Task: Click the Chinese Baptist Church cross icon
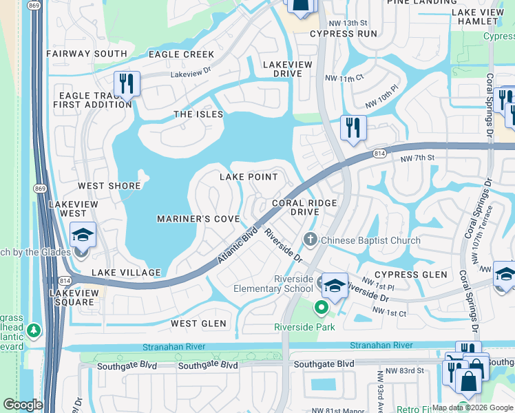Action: point(311,240)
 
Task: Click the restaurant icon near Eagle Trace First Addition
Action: point(127,84)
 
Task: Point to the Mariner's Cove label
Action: point(198,219)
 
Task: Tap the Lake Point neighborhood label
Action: point(249,177)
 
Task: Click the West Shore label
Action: point(109,186)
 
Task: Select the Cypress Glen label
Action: point(411,275)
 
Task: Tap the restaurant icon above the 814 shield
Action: point(353,127)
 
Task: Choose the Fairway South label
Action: point(87,53)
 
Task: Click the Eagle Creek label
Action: point(181,54)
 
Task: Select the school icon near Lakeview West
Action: point(83,236)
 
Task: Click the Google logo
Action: point(23,405)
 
